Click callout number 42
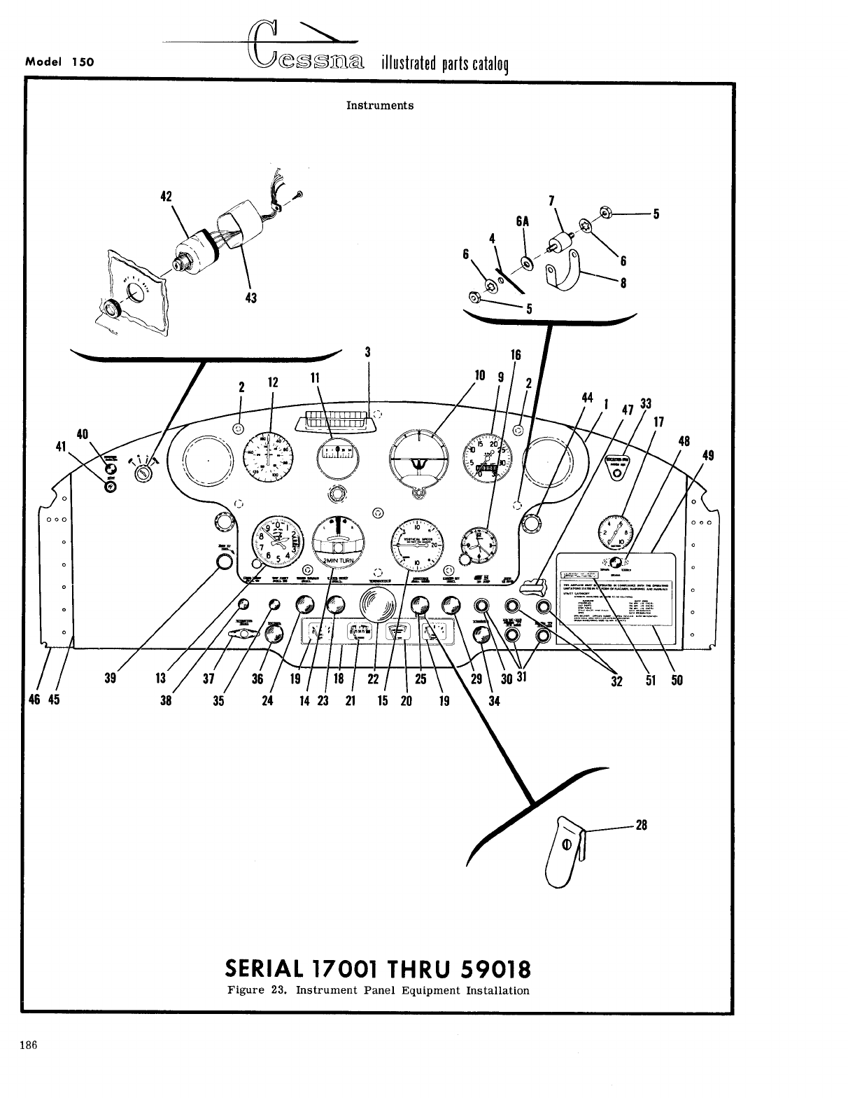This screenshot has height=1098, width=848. [167, 196]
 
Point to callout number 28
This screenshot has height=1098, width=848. [642, 825]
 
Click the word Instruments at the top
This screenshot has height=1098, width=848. [380, 106]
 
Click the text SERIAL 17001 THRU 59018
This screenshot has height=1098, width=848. [379, 969]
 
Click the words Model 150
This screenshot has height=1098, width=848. [59, 61]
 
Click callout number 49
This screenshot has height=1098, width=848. [708, 456]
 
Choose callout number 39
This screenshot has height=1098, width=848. [110, 679]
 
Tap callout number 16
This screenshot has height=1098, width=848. [516, 355]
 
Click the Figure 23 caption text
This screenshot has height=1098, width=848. [379, 990]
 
